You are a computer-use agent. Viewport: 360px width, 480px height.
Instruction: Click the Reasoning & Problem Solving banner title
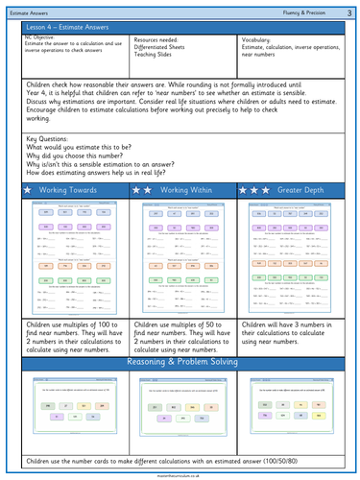(x=180, y=336)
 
